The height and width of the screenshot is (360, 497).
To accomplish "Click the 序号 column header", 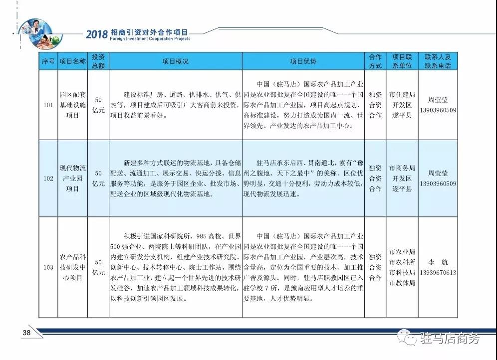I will (x=48, y=61).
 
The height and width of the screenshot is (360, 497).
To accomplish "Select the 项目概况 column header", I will (x=176, y=61).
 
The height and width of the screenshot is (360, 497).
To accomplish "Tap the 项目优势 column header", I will (x=303, y=61).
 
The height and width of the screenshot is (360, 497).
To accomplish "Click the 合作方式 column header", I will (x=375, y=61).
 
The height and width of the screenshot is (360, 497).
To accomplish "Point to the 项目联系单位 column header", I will (x=401, y=61).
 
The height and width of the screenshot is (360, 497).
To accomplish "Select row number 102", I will (x=48, y=179).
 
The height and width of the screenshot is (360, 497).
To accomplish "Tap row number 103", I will (x=48, y=267).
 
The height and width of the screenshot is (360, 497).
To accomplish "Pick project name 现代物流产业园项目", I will (x=73, y=179).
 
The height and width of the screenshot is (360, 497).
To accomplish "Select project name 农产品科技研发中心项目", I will (x=73, y=267).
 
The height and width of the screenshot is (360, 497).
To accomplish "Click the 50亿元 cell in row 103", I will (x=99, y=267).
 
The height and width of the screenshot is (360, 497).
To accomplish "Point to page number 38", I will (x=26, y=333).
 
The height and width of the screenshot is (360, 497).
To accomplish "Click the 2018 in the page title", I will (x=96, y=34).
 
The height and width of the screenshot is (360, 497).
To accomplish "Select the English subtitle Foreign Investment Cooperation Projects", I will (x=138, y=38).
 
